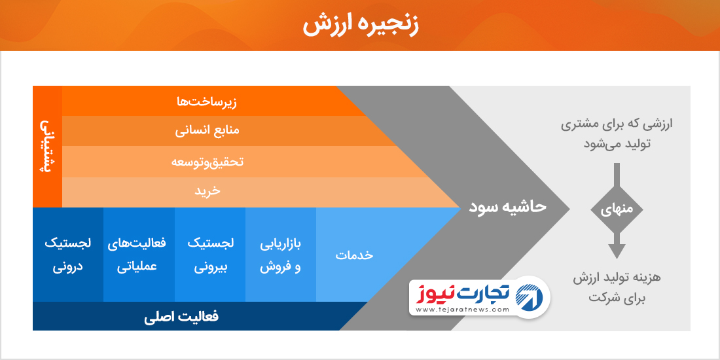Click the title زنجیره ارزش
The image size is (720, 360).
pyautogui.click(x=361, y=25)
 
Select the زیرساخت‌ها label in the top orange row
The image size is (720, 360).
pyautogui.click(x=207, y=101)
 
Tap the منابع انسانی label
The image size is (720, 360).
pyautogui.click(x=207, y=131)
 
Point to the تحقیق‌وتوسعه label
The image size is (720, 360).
pyautogui.click(x=207, y=162)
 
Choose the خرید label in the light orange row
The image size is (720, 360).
pyautogui.click(x=207, y=191)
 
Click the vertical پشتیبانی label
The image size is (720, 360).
pyautogui.click(x=47, y=146)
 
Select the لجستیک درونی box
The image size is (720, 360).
pyautogui.click(x=68, y=255)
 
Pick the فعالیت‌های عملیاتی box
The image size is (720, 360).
pyautogui.click(x=139, y=255)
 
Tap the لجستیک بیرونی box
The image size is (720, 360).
pyautogui.click(x=210, y=255)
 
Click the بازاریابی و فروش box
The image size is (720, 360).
pyautogui.click(x=281, y=255)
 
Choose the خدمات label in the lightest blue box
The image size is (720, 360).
pyautogui.click(x=354, y=255)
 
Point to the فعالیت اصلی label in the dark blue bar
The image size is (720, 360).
pyautogui.click(x=181, y=317)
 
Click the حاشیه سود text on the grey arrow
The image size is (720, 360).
pyautogui.click(x=507, y=206)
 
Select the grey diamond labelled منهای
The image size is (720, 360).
pyautogui.click(x=617, y=209)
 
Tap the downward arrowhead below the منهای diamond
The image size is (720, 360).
pyautogui.click(x=617, y=251)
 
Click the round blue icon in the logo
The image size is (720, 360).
pyautogui.click(x=530, y=296)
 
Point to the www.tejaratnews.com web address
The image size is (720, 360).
pyautogui.click(x=463, y=310)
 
